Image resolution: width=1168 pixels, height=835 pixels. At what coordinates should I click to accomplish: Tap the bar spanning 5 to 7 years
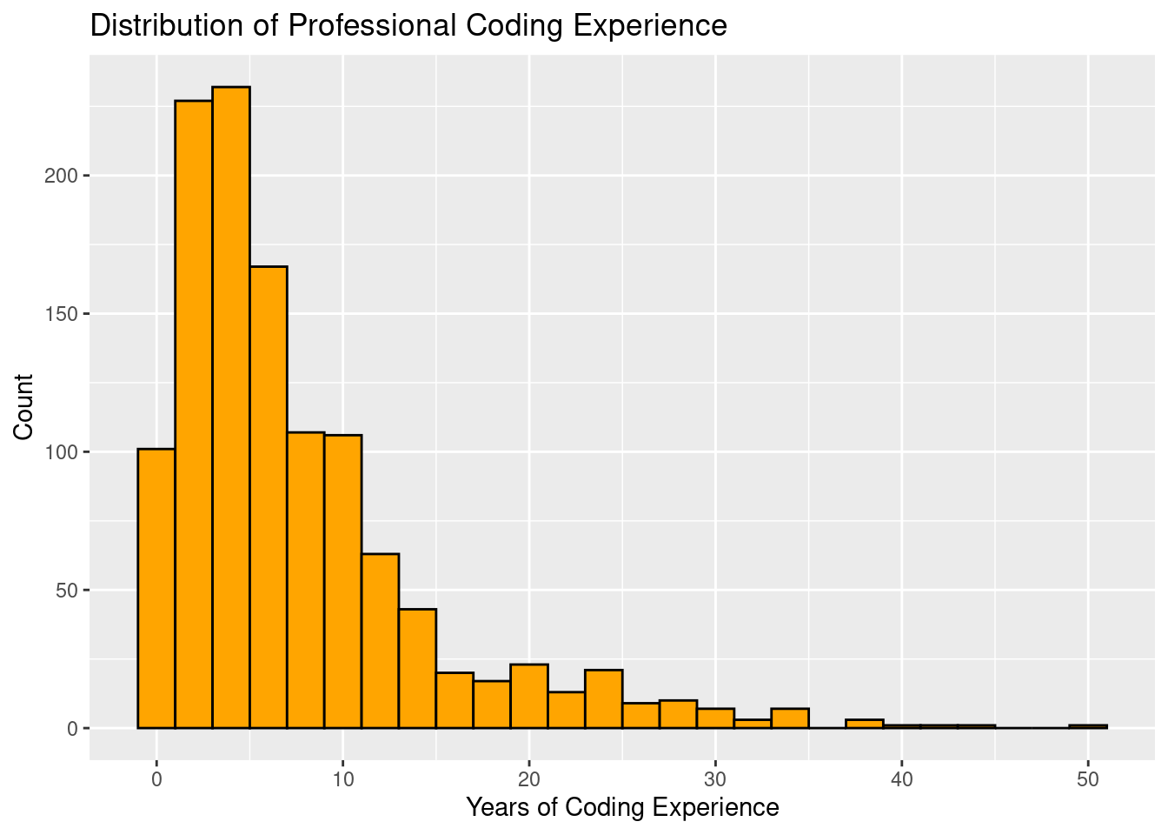click(269, 497)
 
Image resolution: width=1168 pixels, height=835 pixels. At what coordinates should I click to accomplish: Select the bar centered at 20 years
click(529, 696)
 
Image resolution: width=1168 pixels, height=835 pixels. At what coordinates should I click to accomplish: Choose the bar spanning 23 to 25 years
click(604, 698)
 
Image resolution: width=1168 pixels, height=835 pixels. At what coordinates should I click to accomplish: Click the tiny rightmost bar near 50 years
click(1088, 726)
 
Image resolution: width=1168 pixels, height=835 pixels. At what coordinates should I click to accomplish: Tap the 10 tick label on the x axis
click(343, 778)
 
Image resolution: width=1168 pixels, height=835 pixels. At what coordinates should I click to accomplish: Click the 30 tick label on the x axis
click(715, 778)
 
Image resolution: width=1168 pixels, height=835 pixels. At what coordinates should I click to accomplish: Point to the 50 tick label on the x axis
click(1088, 778)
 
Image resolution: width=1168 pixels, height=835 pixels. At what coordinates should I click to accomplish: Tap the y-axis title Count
click(23, 407)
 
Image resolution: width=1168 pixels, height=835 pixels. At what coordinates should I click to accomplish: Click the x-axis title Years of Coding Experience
click(622, 808)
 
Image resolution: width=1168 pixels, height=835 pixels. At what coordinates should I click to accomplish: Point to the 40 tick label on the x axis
click(902, 778)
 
